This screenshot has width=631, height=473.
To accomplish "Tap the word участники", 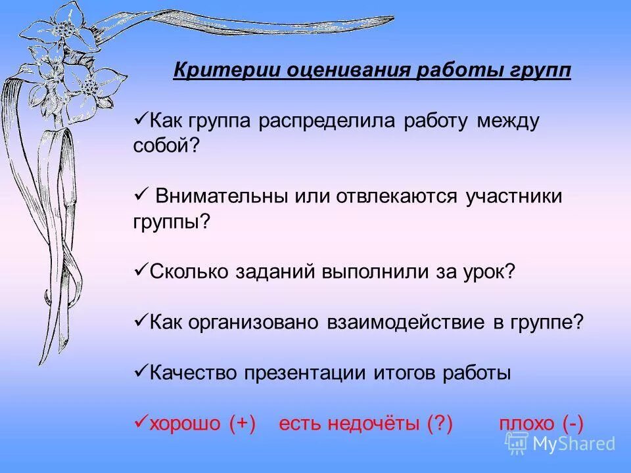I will coord(514,196).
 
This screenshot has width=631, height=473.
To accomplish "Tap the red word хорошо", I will coord(185,423).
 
